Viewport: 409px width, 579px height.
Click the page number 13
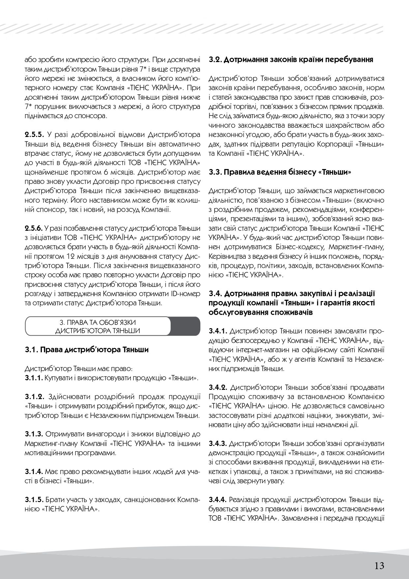tap(379, 557)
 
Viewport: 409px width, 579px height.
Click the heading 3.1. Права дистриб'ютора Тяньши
tap(86, 350)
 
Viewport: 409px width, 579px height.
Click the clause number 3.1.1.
tap(34, 378)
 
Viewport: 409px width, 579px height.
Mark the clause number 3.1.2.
tap(34, 396)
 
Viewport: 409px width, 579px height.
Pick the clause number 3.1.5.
tap(34, 500)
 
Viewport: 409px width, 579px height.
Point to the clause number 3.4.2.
tap(219, 387)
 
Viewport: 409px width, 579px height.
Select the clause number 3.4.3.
tap(219, 443)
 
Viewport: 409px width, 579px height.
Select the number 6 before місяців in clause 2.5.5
tap(109, 172)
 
